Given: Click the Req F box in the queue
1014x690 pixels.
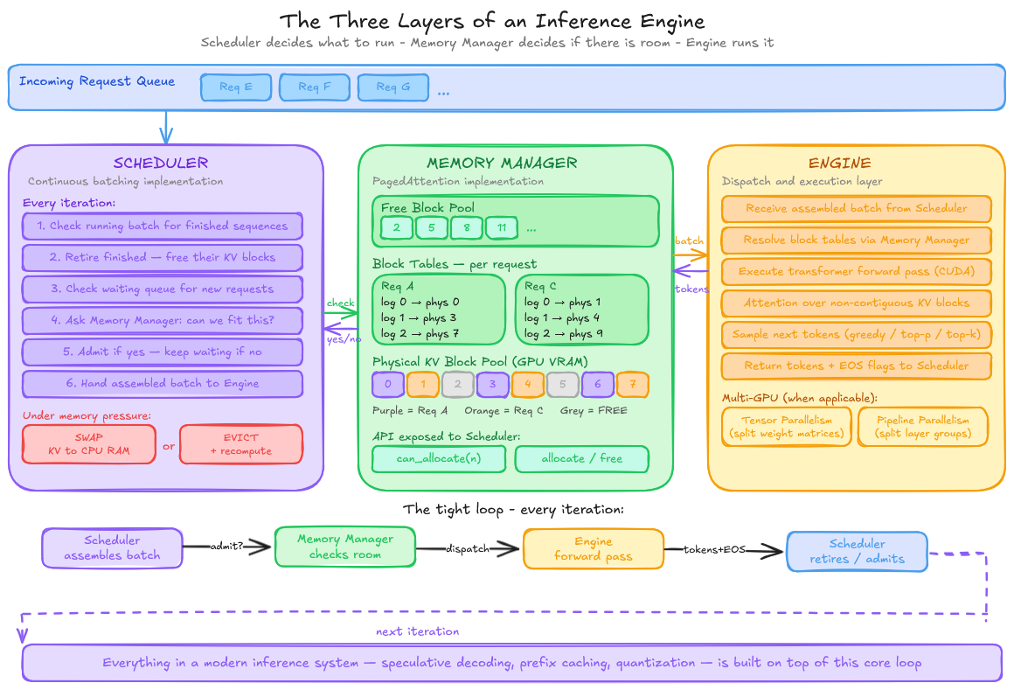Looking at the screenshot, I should [x=315, y=87].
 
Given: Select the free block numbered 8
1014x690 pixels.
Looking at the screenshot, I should [x=467, y=228].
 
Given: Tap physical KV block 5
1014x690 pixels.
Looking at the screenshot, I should [x=564, y=383].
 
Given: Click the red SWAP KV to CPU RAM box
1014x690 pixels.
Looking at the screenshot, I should [x=89, y=444].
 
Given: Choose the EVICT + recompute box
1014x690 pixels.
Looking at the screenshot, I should [x=240, y=444].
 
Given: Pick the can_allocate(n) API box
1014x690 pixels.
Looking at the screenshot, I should [x=439, y=459].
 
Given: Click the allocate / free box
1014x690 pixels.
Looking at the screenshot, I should [x=581, y=459].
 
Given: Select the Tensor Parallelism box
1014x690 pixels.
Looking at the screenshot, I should [x=787, y=427].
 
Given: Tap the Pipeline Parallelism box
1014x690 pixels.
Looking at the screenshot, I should [x=922, y=427].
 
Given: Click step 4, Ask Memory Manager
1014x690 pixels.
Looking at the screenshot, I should [x=163, y=321].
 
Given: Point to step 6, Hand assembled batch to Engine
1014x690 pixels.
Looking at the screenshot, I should [x=163, y=384].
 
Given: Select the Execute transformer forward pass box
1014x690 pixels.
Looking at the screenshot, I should [x=857, y=272].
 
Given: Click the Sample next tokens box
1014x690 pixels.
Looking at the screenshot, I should [x=857, y=335].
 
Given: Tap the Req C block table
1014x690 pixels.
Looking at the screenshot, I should [x=581, y=310].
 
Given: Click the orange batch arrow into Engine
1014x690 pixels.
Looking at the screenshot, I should [x=691, y=254].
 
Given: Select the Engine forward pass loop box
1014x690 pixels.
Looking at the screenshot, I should [x=594, y=549].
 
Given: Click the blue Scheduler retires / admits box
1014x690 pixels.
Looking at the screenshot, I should [x=857, y=551].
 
